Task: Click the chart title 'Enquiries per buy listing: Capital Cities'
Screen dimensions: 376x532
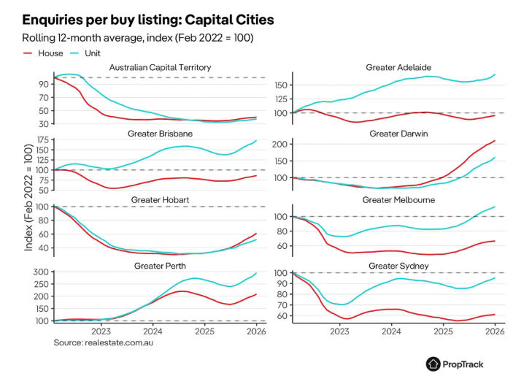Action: [148, 18]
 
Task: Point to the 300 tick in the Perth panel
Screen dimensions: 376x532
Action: [41, 272]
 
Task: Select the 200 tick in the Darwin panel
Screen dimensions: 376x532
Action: [280, 145]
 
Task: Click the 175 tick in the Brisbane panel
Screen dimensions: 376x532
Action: [41, 142]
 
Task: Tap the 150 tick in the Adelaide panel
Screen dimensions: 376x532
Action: [280, 85]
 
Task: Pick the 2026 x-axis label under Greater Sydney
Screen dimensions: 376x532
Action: [495, 331]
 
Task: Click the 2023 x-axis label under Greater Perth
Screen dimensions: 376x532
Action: [103, 331]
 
